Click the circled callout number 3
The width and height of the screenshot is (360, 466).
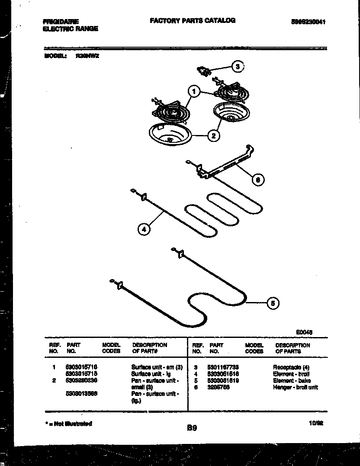tap(237, 67)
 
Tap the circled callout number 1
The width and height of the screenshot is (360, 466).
tap(194, 92)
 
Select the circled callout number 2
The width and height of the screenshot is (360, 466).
tap(213, 135)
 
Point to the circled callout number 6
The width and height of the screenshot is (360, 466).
tap(258, 179)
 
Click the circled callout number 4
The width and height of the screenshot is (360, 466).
tap(144, 229)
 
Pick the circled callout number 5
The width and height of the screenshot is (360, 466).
tap(272, 303)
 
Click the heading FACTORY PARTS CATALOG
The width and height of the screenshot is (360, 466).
tap(193, 20)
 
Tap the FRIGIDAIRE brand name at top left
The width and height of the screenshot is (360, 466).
tap(61, 21)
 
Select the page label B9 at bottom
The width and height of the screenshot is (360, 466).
tap(192, 428)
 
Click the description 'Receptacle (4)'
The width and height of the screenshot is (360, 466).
tap(290, 366)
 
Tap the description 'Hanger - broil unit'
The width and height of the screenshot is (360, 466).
tap(295, 387)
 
